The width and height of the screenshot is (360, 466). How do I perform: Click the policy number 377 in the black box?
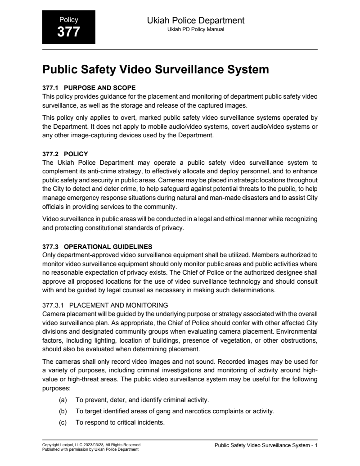[68, 32]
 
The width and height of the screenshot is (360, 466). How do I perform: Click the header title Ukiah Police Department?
[196, 20]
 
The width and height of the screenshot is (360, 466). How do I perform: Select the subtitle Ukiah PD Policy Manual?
[196, 29]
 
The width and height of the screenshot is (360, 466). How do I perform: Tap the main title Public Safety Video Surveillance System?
[156, 70]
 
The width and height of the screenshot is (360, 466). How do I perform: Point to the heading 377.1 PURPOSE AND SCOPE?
[89, 87]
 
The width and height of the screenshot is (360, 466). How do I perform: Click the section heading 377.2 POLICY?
[65, 154]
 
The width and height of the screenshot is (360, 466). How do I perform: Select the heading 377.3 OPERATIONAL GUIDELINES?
[97, 246]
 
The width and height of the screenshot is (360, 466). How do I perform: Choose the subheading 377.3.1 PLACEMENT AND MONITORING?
[105, 305]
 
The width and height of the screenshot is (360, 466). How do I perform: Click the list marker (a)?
[63, 400]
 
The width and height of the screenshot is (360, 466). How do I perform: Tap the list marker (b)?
[63, 411]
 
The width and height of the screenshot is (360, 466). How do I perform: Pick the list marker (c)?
[63, 422]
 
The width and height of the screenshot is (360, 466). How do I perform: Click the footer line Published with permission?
[90, 449]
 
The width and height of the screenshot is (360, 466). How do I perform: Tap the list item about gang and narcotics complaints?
[175, 411]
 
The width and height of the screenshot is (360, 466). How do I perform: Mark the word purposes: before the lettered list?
[57, 387]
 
